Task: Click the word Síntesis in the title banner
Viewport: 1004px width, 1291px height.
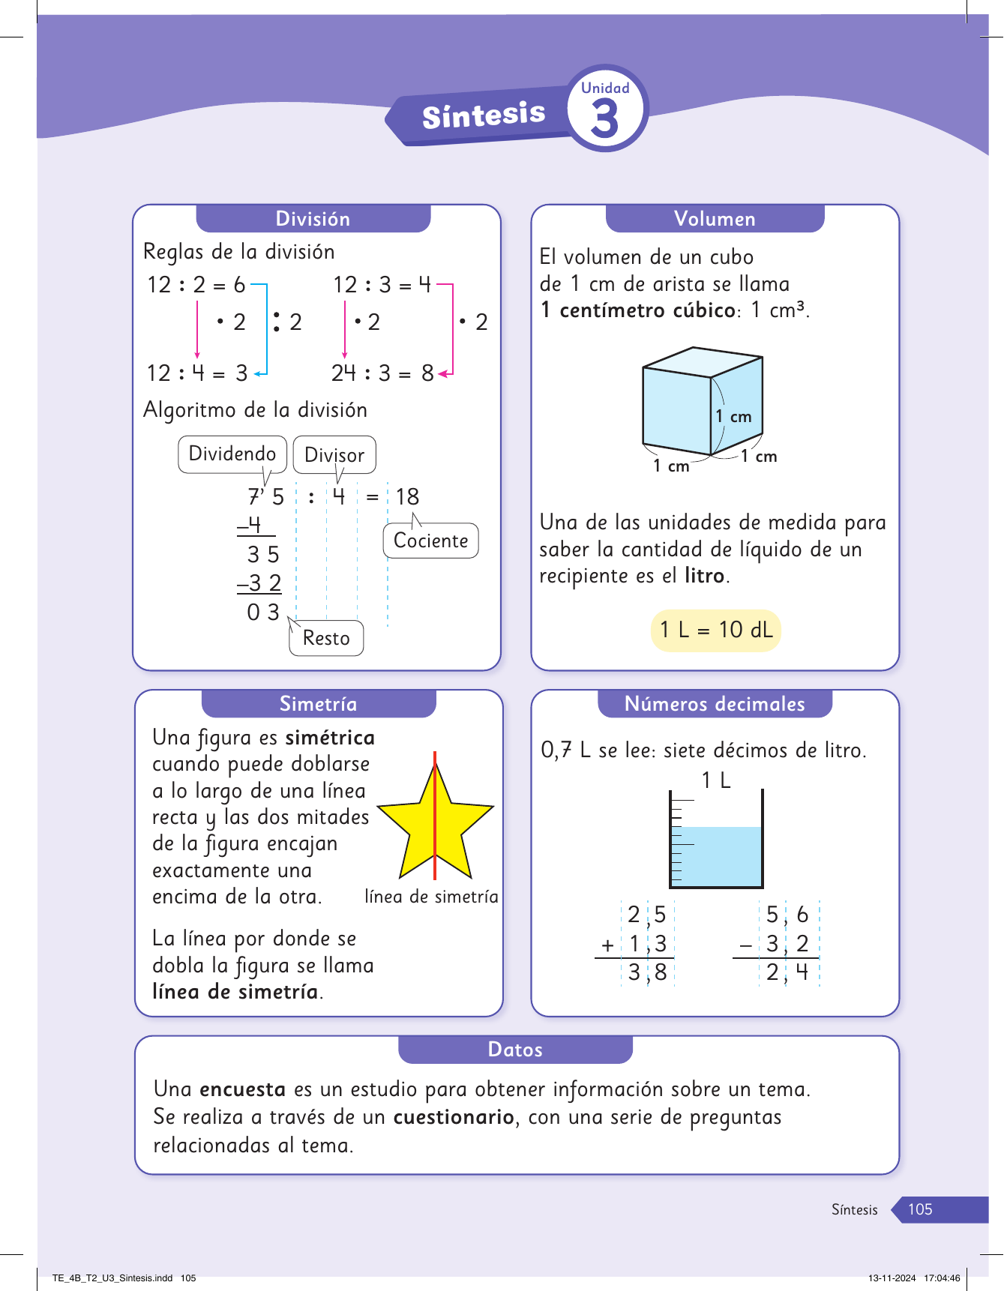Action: [484, 115]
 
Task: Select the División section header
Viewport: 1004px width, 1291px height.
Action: [313, 219]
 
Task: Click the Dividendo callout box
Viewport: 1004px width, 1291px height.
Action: [232, 454]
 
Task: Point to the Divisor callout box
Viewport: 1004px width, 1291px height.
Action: [334, 455]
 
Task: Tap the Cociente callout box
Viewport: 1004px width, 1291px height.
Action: [430, 541]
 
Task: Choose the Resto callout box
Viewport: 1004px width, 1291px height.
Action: [326, 638]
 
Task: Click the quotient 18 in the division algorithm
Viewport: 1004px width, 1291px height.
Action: [407, 496]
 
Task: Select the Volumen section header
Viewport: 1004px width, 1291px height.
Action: [715, 219]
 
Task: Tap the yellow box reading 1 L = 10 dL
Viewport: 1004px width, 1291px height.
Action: [715, 630]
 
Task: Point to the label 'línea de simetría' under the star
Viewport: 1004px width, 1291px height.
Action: [431, 897]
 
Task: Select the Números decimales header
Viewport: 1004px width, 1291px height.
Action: [715, 704]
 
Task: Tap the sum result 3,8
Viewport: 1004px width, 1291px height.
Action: [648, 972]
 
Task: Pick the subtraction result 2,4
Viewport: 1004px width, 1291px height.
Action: [787, 972]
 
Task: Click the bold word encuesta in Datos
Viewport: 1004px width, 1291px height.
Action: [242, 1089]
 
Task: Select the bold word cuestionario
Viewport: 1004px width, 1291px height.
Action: [454, 1117]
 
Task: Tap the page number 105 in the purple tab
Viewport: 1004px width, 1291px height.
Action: [920, 1209]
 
